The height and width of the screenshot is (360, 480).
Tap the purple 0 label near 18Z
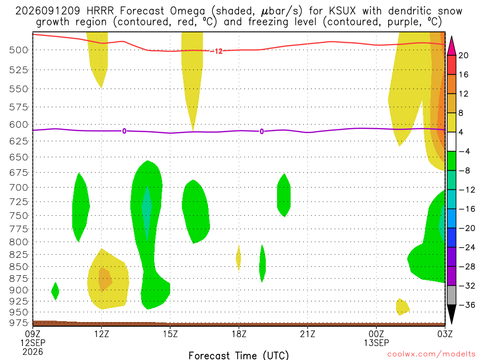[x=262, y=131]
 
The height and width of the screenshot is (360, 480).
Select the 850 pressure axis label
[x=18, y=267]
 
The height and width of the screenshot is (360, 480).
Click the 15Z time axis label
[x=170, y=334]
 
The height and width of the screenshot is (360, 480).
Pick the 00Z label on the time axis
[x=376, y=334]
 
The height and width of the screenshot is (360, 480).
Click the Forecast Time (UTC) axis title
[x=239, y=355]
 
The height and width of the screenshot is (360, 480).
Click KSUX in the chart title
[x=342, y=11]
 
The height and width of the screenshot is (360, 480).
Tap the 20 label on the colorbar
[x=463, y=55]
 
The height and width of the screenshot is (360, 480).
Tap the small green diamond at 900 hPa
[x=55, y=291]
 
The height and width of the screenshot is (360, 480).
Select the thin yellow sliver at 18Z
[x=238, y=258]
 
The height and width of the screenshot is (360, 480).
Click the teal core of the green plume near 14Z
[x=147, y=214]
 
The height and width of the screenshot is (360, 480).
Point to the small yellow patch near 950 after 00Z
[x=402, y=307]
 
